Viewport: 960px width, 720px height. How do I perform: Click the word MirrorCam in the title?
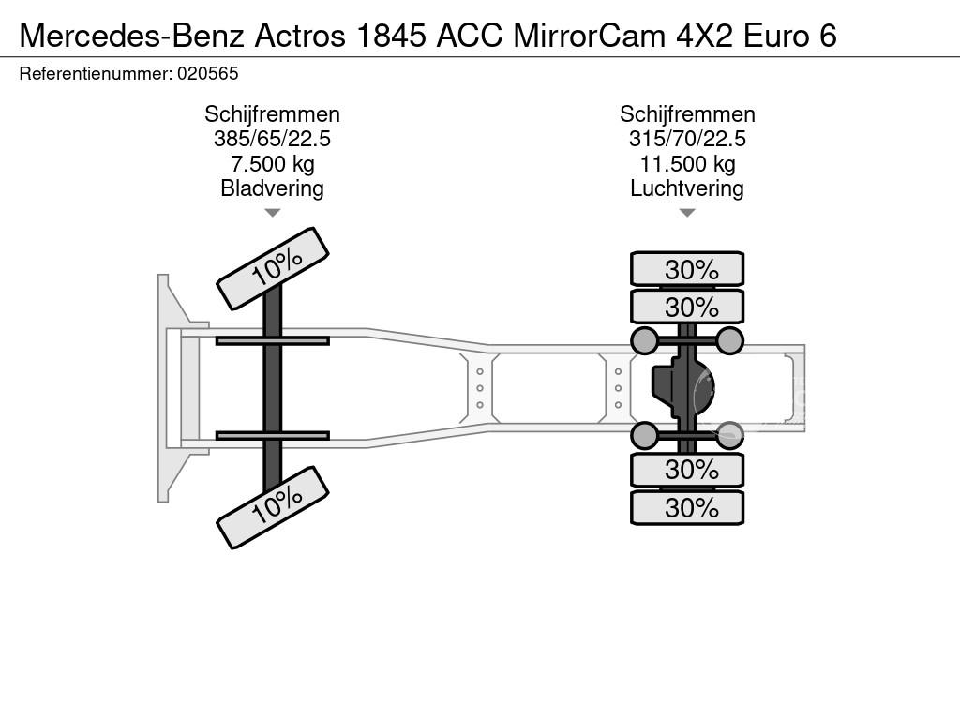[x=589, y=35]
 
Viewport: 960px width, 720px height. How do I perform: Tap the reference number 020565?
[x=208, y=73]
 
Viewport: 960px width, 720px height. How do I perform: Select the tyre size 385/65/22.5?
[x=273, y=139]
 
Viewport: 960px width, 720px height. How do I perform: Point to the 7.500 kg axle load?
[x=273, y=163]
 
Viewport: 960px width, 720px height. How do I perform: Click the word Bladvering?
[x=273, y=188]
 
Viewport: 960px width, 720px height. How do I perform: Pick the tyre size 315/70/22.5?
[x=687, y=139]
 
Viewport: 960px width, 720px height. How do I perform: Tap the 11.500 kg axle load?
[x=687, y=163]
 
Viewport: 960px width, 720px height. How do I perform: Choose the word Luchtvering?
[x=687, y=188]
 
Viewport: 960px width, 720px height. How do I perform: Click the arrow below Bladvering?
[x=273, y=213]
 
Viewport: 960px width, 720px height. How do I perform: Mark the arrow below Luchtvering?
[x=687, y=213]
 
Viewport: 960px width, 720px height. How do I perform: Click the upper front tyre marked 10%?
[x=273, y=269]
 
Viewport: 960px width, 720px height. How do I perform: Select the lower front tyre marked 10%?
[x=273, y=507]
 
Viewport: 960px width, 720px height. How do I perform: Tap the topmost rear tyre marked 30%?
[x=687, y=269]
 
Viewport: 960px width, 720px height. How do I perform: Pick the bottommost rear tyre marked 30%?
[x=687, y=507]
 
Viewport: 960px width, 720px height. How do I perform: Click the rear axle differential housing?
[x=682, y=387]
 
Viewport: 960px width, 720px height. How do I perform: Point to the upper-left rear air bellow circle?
[x=645, y=340]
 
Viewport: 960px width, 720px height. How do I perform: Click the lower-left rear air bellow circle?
[x=645, y=435]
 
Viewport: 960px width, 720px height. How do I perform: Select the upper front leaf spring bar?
[x=273, y=340]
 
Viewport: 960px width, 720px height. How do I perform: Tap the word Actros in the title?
[x=300, y=35]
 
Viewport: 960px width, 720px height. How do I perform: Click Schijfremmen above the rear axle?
[x=687, y=114]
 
